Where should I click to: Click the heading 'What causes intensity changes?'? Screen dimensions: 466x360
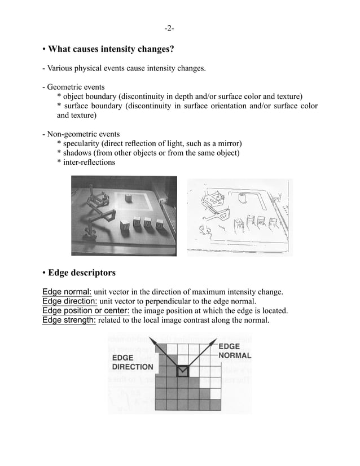click(x=111, y=50)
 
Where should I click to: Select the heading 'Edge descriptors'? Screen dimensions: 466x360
click(x=82, y=273)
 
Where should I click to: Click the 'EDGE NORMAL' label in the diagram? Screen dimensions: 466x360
click(x=234, y=351)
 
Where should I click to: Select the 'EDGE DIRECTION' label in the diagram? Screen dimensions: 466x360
click(x=131, y=362)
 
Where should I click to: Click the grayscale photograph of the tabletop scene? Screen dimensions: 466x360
click(x=124, y=217)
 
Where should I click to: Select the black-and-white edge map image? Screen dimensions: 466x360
click(x=239, y=217)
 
